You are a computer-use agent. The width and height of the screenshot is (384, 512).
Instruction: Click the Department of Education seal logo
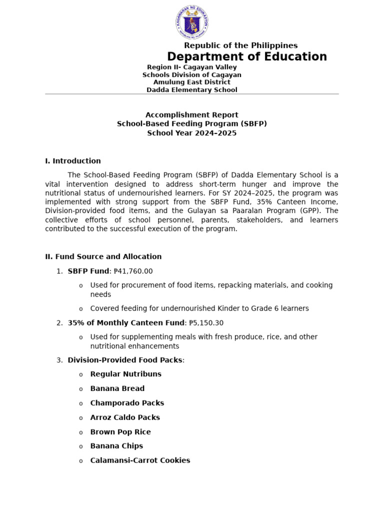[192, 22]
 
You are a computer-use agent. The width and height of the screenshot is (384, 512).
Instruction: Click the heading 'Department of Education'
[246, 57]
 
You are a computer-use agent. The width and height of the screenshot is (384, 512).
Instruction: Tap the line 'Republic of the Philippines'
[240, 45]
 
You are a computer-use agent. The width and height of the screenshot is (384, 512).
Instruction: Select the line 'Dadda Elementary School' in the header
[191, 90]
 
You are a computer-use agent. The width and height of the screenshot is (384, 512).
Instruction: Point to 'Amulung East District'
[191, 82]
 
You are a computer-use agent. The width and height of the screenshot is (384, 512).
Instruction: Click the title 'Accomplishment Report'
[191, 115]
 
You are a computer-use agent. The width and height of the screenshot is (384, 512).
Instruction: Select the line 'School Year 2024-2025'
[191, 133]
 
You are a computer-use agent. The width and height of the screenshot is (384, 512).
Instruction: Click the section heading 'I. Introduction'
[73, 161]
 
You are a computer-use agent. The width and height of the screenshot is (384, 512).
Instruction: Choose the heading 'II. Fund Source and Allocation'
[103, 256]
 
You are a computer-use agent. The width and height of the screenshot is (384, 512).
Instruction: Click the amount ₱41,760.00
[133, 271]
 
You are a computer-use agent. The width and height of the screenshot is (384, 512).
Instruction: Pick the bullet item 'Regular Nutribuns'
[125, 374]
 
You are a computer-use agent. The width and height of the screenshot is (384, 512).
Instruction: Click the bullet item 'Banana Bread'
[117, 388]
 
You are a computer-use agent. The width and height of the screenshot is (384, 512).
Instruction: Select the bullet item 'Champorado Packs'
[127, 403]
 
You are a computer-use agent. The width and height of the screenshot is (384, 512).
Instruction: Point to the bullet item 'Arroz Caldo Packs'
[125, 417]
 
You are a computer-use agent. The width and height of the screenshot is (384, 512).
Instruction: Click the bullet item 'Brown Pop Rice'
[120, 432]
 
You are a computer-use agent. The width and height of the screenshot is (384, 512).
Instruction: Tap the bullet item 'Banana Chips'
[116, 446]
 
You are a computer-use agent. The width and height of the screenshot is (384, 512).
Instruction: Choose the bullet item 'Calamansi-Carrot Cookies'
[140, 460]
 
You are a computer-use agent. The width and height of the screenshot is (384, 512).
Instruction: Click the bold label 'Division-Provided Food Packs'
[125, 360]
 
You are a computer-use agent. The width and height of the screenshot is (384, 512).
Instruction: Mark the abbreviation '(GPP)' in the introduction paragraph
[309, 211]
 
